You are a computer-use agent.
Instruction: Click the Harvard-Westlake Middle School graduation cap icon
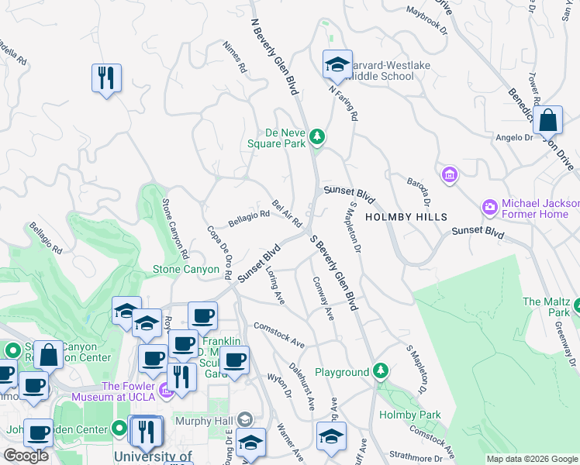click(337, 64)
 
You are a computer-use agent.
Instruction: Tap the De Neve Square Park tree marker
click(316, 137)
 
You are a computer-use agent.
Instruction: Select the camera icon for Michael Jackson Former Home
click(489, 207)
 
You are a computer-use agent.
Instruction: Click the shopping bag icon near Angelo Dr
click(547, 120)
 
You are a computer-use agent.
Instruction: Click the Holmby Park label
click(409, 415)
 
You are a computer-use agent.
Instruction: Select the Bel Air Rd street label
click(287, 213)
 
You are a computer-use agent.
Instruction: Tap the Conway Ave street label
click(323, 298)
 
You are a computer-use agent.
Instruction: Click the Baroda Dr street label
click(417, 191)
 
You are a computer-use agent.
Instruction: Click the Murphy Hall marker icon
click(245, 419)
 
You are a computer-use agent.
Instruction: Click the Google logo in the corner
click(26, 456)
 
